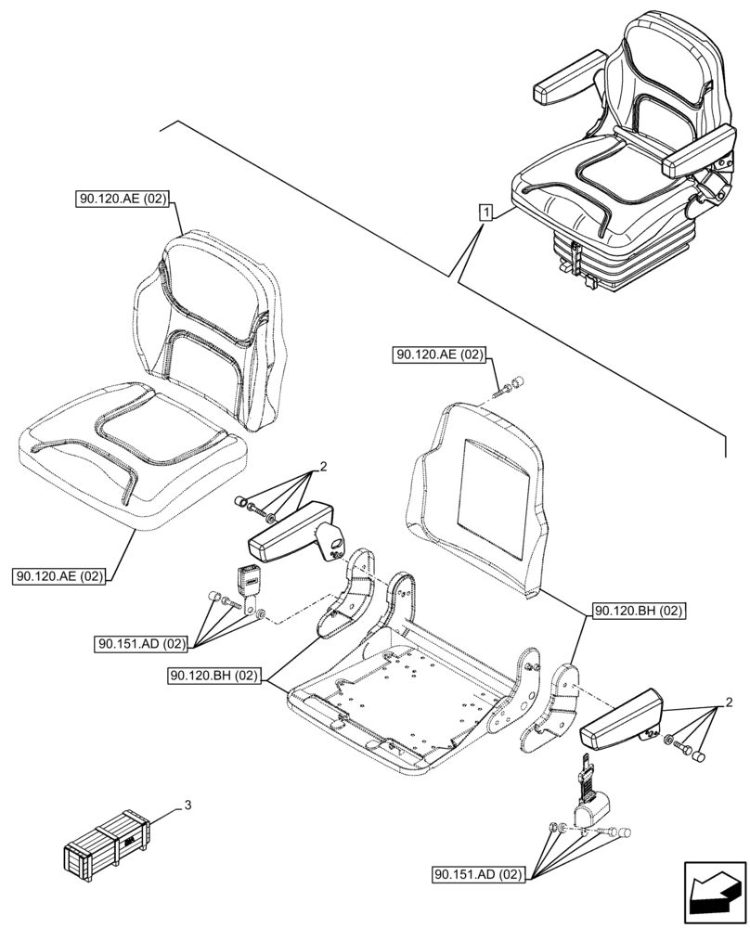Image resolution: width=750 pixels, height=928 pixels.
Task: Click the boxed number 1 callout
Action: click(485, 213)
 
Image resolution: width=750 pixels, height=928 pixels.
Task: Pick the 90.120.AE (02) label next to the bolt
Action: click(440, 354)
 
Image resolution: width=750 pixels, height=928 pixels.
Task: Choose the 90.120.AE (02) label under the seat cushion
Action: click(60, 576)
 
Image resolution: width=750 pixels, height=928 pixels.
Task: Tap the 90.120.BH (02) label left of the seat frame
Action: click(216, 675)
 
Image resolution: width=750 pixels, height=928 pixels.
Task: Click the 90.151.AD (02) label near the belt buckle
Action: click(142, 642)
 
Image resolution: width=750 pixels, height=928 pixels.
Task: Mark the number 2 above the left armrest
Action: click(322, 467)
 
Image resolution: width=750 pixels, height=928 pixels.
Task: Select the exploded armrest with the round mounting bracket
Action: click(295, 534)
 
